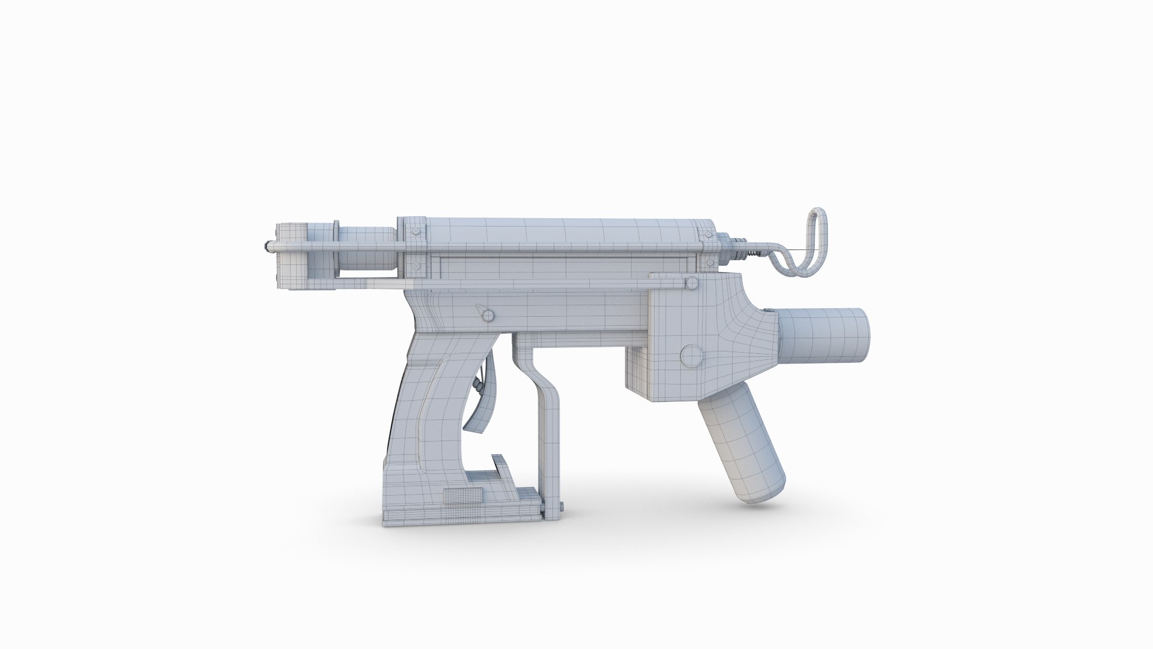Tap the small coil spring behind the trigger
(x=479, y=385)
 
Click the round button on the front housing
(x=692, y=356)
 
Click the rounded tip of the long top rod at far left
(x=265, y=245)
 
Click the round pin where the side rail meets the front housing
(x=692, y=283)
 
